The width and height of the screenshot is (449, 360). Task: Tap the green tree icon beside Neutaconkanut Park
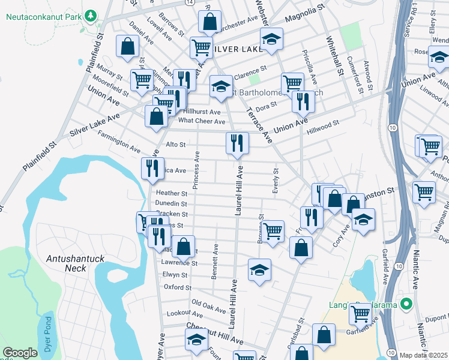[x=91, y=15]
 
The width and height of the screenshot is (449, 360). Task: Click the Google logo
[x=20, y=353]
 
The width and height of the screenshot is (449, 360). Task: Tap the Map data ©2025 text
[x=423, y=355]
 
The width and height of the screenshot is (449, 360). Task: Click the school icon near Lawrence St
[x=259, y=270]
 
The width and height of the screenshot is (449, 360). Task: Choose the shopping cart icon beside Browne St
[x=273, y=231]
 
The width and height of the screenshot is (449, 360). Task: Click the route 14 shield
[x=190, y=2]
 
